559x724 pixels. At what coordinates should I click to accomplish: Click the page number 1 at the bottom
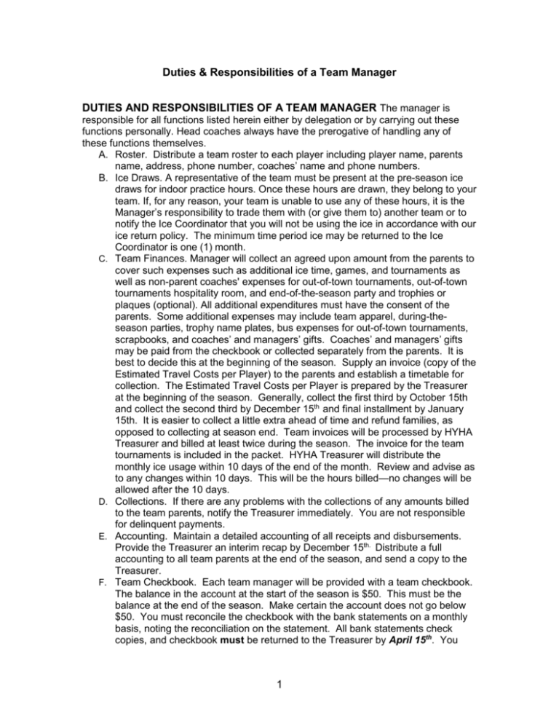coord(279,691)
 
